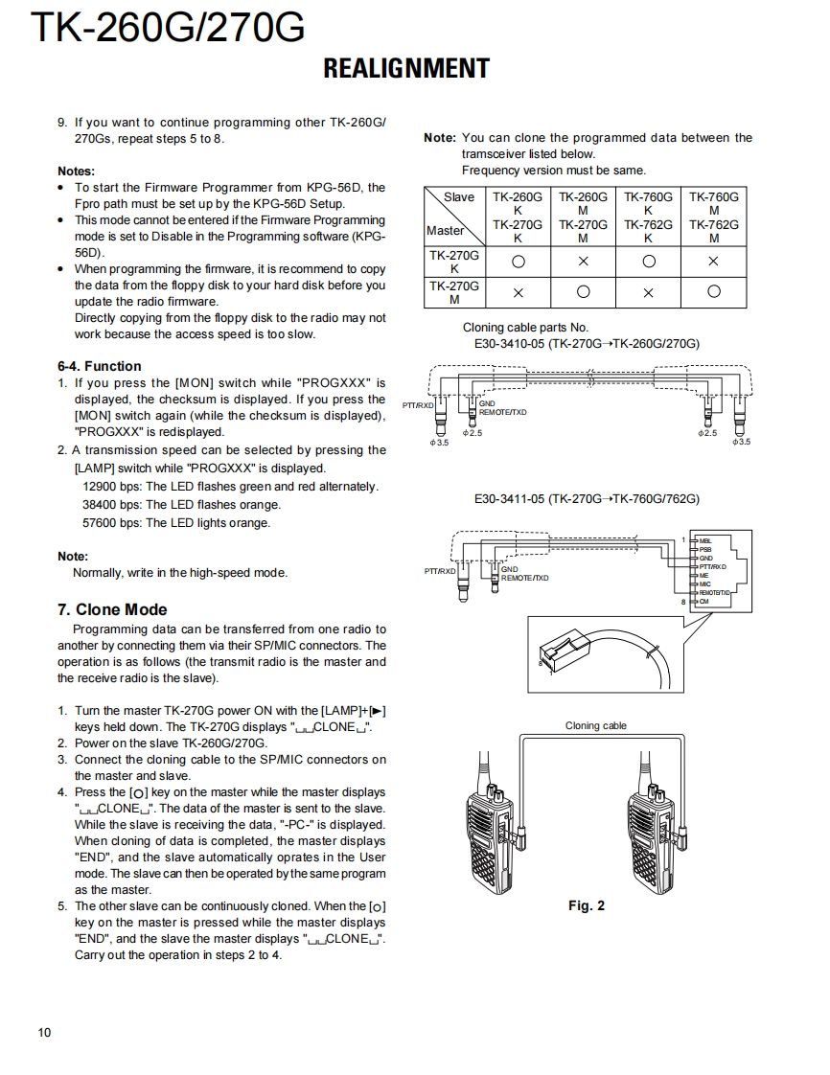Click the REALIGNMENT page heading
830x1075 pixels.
click(x=406, y=69)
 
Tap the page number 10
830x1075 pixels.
click(x=45, y=1032)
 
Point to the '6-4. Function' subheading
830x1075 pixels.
click(x=99, y=366)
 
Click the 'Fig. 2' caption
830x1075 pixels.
click(x=586, y=905)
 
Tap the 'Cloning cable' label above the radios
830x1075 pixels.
click(x=595, y=725)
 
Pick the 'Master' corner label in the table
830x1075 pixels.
click(x=445, y=230)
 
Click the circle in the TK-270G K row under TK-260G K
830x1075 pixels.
click(x=518, y=262)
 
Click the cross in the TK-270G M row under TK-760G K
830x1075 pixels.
click(x=648, y=292)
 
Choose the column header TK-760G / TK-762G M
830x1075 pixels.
click(x=713, y=217)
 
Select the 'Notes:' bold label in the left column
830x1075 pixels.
click(x=76, y=172)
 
